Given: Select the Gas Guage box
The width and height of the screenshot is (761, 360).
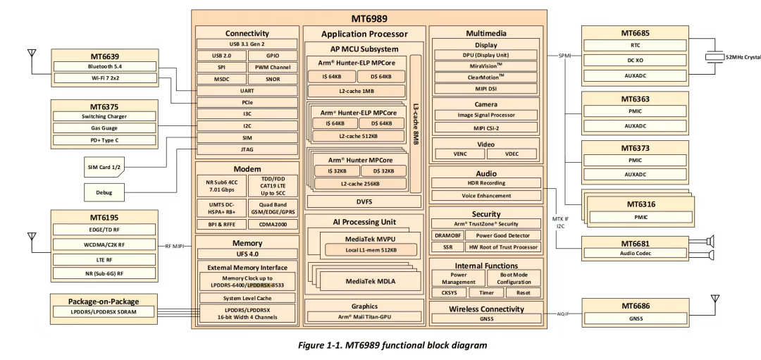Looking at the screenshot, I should coord(104,128).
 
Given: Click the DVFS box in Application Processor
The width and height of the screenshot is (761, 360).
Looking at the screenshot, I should coord(364,201).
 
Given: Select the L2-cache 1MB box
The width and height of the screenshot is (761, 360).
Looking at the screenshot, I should coord(359,91).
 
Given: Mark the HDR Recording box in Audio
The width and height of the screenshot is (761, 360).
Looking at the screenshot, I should coord(484,183).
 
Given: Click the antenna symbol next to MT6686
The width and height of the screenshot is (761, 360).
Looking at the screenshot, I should coord(714,302).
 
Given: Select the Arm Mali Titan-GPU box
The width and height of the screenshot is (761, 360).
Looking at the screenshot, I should coord(364,318).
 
